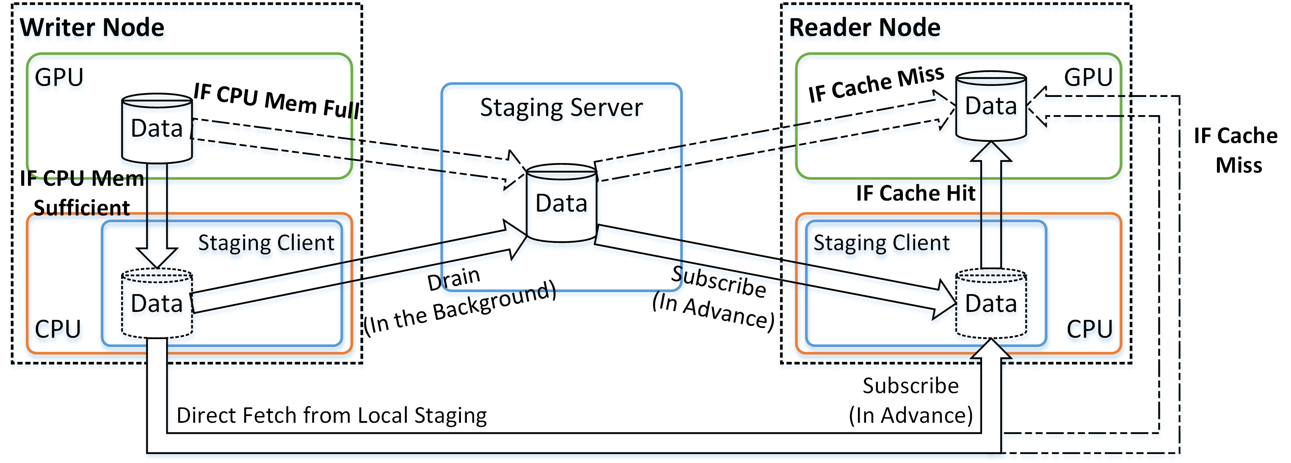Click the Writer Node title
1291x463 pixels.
coord(92,28)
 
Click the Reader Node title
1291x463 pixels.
coord(864,28)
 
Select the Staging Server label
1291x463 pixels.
coord(561,108)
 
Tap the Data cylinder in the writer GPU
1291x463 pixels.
coord(157,129)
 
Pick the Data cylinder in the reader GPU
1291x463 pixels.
coord(991,106)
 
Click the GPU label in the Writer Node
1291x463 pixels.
coord(59,78)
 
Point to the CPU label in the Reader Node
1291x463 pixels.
coord(1089,329)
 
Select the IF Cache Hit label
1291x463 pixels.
coord(915,193)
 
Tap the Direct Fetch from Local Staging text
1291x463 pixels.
coord(331,416)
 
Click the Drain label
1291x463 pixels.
coord(454,279)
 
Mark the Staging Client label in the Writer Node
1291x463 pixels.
coord(266,243)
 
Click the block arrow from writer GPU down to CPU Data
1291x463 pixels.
coord(157,215)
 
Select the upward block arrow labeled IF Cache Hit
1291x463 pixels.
coord(991,205)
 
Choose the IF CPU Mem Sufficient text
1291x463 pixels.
coord(82,193)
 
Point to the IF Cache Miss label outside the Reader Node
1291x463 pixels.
coord(1236,150)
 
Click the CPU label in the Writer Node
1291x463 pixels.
coord(58,329)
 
